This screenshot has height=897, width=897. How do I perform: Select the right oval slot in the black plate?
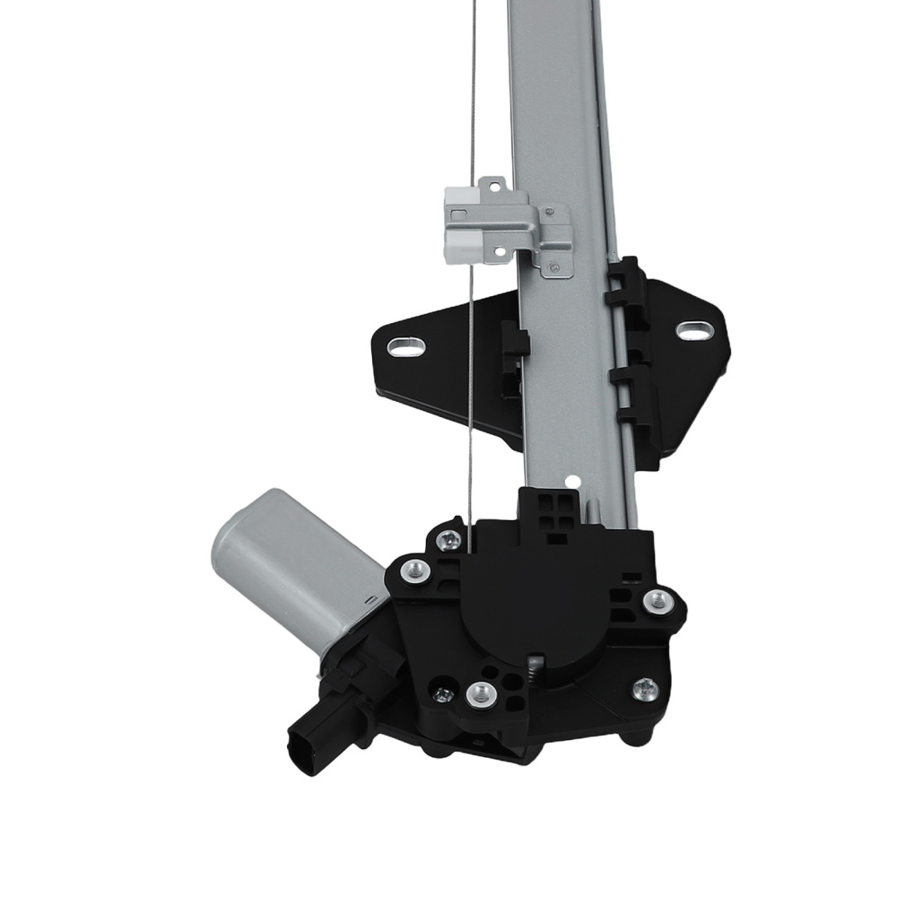coord(691,329)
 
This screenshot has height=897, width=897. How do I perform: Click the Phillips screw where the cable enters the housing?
coord(449,539)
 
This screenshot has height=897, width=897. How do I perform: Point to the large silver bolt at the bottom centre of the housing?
coord(482,692)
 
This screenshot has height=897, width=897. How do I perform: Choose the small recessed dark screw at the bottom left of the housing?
coord(441,692)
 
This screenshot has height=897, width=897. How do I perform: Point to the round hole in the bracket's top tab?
coord(491,187)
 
